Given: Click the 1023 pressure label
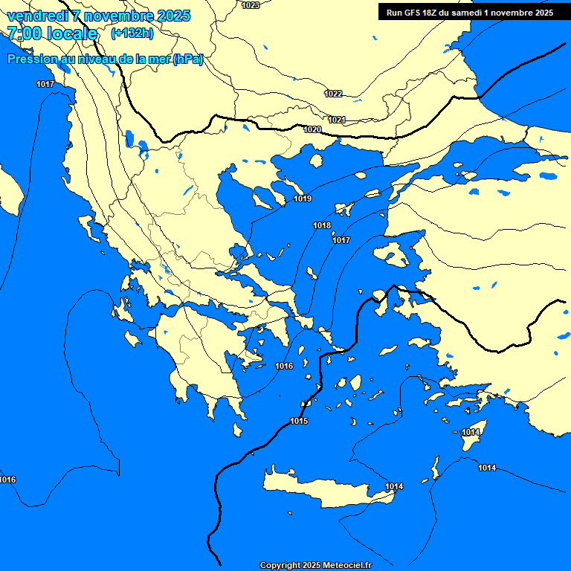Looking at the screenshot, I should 251,5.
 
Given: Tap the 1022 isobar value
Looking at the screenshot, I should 333,94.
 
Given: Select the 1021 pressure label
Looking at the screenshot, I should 337,120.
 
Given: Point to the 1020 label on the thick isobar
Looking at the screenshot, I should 312,130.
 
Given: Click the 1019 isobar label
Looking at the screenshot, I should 303,199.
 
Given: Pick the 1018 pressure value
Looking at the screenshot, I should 322,225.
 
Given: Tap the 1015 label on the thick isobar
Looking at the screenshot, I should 299,422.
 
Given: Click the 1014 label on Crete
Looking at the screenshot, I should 394,487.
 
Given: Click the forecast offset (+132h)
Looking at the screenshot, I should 132,33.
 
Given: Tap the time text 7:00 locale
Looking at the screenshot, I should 52,33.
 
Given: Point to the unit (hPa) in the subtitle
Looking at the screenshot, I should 187,59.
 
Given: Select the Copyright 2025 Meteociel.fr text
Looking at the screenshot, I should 316,566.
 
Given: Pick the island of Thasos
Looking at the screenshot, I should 316,161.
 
